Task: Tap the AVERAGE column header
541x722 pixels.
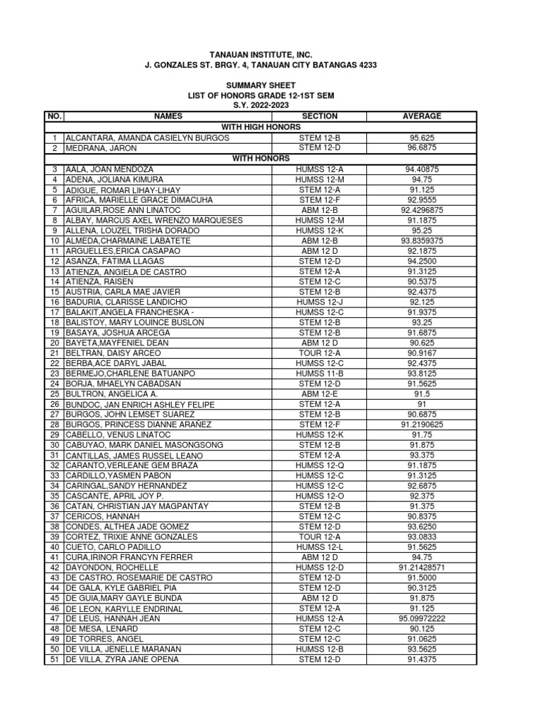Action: (x=422, y=116)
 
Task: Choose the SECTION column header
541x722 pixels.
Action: (x=319, y=116)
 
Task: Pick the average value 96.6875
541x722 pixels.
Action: (x=422, y=149)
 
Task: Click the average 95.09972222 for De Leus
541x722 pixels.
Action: (x=422, y=618)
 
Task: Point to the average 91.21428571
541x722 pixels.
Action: (x=422, y=568)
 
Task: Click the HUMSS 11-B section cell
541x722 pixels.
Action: (x=319, y=373)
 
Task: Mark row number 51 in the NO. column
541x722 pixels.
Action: (x=54, y=659)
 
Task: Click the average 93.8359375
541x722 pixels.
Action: (x=422, y=240)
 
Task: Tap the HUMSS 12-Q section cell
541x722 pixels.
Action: (x=319, y=465)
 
